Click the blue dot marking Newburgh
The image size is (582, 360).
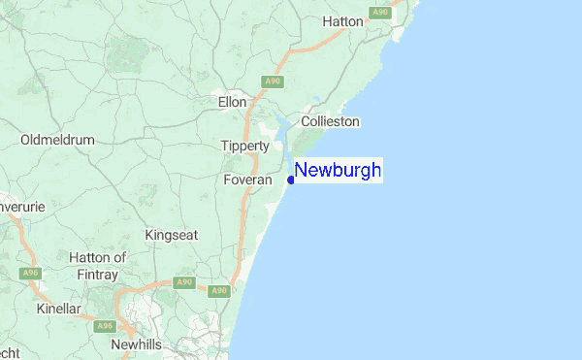point(291,180)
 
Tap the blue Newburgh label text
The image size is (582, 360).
point(338,171)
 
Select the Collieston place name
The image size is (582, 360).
point(330,121)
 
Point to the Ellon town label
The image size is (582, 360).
point(233,101)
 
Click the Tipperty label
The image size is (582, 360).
point(244,146)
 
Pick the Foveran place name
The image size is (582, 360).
point(247,180)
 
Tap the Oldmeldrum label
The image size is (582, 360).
point(57,140)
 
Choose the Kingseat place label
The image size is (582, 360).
point(171,235)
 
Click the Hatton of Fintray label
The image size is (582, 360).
point(98,265)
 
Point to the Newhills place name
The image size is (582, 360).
point(142,345)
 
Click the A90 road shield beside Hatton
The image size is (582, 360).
point(379,12)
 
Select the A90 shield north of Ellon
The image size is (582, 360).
point(272,82)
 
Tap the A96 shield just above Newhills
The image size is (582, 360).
point(106,326)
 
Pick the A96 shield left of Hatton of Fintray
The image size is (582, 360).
point(31,274)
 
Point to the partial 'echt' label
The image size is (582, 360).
point(9,351)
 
